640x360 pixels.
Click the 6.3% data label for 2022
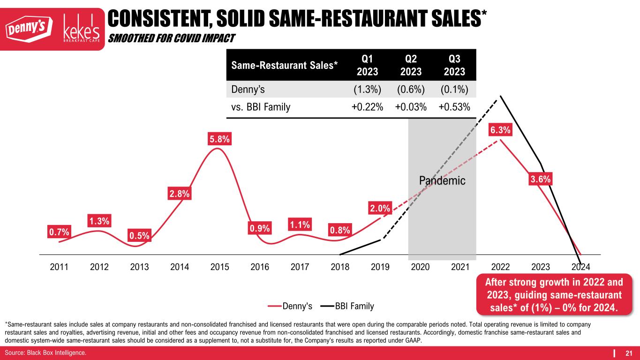[x=500, y=130]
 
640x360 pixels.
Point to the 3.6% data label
[x=541, y=179]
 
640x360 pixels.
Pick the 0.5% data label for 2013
[x=139, y=236]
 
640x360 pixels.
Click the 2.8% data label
[x=179, y=193]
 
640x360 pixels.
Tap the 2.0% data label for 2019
[x=380, y=208]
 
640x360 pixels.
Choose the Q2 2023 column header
[x=411, y=65]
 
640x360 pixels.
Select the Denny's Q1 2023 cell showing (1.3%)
[x=367, y=89]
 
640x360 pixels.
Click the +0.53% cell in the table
[x=454, y=107]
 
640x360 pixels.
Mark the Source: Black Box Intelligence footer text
[x=45, y=352]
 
